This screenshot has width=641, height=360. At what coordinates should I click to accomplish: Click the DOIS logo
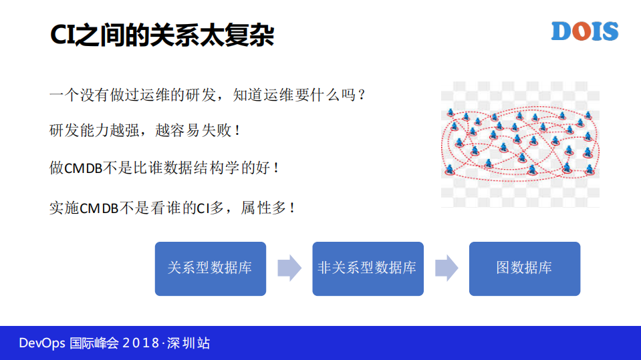coord(585,31)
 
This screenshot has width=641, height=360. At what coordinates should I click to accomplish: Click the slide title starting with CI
coord(162,35)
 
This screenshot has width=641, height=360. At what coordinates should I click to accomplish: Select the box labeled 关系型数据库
coord(210,268)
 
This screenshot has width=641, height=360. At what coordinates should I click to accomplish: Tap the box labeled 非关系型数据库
coord(368,268)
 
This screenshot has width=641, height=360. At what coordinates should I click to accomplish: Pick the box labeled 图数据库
coord(524,268)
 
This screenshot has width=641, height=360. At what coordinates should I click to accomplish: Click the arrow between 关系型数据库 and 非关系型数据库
coord(289,268)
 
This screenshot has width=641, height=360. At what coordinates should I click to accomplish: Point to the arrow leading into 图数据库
coord(446,268)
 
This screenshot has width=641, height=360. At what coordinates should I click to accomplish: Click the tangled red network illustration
coord(520,144)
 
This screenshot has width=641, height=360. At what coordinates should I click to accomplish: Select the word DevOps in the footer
coord(41,343)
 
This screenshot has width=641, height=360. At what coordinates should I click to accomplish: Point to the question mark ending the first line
coord(362,95)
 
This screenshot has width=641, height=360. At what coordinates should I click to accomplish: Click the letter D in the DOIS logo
coord(561,31)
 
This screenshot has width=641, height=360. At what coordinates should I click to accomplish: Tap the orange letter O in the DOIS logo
coord(580,31)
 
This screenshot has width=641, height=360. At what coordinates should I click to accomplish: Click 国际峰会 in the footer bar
coord(94,343)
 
